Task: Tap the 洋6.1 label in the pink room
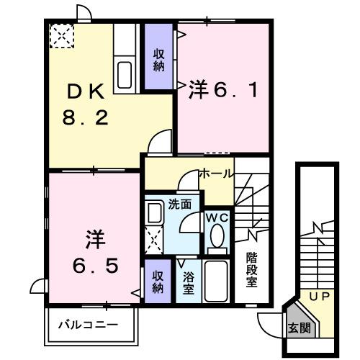(x=222, y=91)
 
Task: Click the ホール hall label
(x=215, y=174)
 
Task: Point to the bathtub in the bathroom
(x=216, y=282)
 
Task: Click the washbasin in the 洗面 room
(x=154, y=212)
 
